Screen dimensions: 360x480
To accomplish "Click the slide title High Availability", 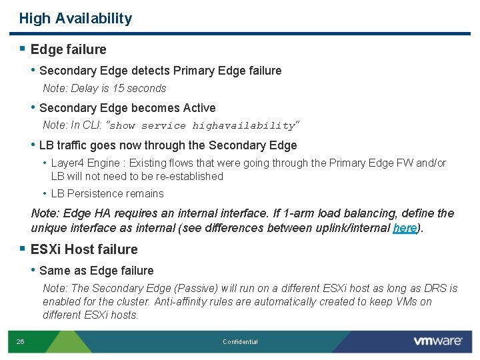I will click(75, 19).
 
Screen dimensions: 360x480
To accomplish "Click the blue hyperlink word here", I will click(405, 228).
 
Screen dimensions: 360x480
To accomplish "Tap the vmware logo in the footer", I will click(437, 341).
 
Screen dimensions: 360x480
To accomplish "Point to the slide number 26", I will click(21, 341).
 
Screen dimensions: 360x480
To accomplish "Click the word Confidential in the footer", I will click(240, 342).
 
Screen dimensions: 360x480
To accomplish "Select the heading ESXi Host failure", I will click(84, 249).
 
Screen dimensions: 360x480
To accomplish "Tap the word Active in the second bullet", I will click(199, 108).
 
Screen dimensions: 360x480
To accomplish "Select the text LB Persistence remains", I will click(107, 193).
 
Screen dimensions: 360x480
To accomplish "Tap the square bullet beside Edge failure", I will click(23, 49).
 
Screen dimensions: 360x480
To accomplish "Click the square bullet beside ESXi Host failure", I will click(23, 249).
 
